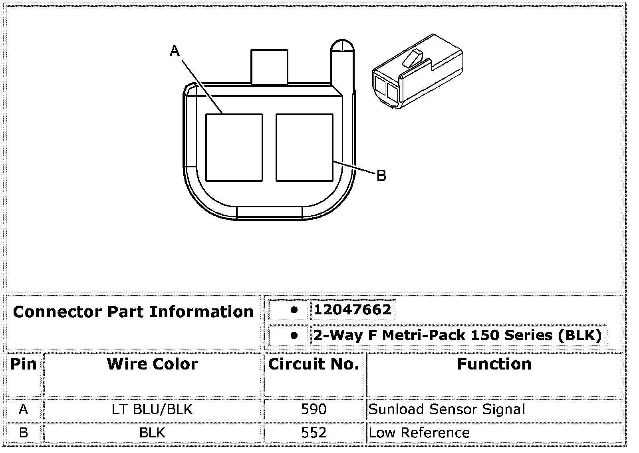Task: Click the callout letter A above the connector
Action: pos(175,52)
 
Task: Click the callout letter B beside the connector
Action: pos(381,175)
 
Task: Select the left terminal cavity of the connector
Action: pos(234,147)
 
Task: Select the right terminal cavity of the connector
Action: pos(304,147)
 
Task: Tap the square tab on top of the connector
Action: pos(269,67)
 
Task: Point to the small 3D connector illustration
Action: pos(417,72)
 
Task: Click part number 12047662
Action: pos(353,310)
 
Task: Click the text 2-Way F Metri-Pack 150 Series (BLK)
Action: pos(458,335)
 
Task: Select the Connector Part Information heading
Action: pos(133,312)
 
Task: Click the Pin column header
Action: pos(24,364)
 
